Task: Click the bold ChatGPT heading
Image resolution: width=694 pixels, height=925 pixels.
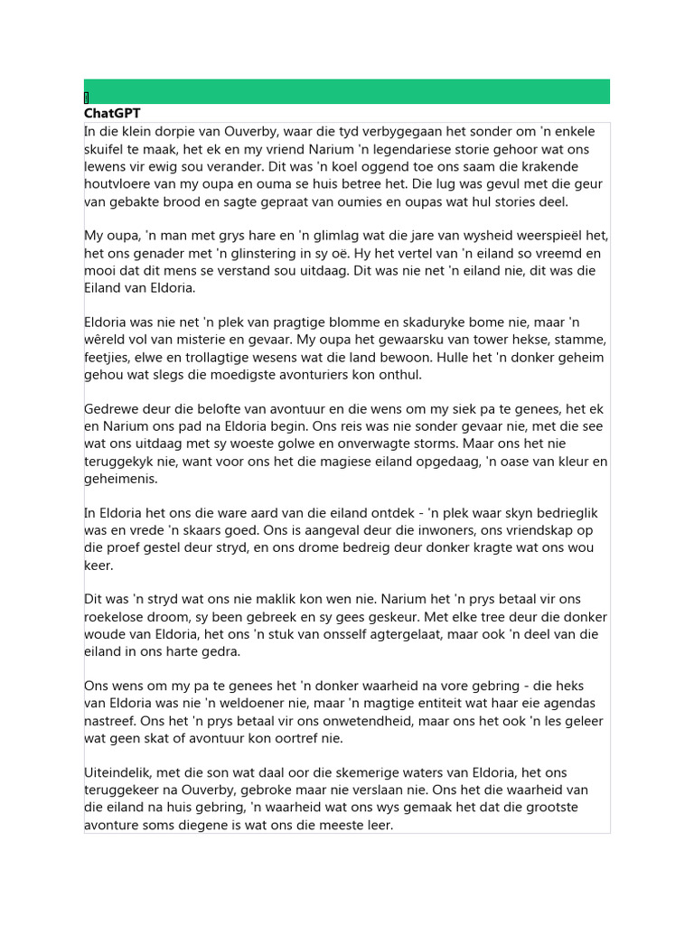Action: tap(112, 113)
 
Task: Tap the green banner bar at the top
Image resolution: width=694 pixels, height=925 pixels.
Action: tap(347, 91)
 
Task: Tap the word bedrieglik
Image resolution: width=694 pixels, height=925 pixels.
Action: tap(558, 513)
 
